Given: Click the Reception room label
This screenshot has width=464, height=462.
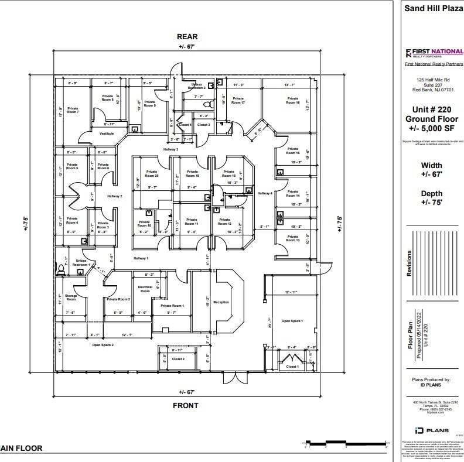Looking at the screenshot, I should click(221, 302).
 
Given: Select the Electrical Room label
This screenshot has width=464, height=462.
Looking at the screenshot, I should click(145, 289).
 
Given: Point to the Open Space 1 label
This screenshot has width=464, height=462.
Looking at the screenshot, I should click(292, 321).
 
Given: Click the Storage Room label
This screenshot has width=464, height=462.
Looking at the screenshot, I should click(71, 297).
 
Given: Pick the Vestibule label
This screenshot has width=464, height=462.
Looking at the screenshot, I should click(106, 133).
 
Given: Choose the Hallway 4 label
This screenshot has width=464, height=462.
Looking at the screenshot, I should click(265, 193).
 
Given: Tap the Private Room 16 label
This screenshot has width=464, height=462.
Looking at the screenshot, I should click(293, 100).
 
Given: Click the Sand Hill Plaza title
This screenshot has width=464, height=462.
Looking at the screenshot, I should click(430, 8).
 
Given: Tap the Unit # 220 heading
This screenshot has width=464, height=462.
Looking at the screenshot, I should click(432, 109).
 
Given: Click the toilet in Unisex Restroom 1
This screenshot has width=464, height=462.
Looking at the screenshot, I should click(60, 269).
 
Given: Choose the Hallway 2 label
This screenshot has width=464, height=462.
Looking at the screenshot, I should click(114, 196).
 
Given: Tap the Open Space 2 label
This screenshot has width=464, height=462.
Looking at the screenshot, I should click(103, 345).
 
